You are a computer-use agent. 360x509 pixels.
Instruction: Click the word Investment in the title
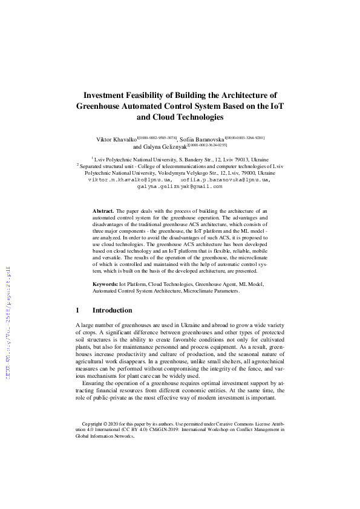pos(108,95)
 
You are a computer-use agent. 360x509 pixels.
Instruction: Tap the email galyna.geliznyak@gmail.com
pos(180,187)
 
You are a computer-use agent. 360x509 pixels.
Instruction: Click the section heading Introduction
pos(112,310)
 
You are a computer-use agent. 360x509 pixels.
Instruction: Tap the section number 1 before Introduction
pos(77,310)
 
